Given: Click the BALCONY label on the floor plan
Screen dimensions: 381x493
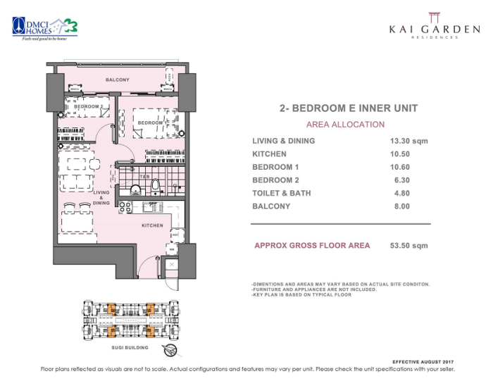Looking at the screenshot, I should click(118, 80).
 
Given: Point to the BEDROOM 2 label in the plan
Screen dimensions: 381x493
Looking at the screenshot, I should click(89, 106).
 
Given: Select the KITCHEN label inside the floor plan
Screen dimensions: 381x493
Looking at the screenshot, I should click(152, 225).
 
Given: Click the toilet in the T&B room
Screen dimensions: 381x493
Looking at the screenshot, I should click(155, 187).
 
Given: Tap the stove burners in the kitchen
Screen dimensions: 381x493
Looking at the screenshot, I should click(125, 208).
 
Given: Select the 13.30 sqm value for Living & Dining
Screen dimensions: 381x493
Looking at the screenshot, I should click(408, 141).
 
